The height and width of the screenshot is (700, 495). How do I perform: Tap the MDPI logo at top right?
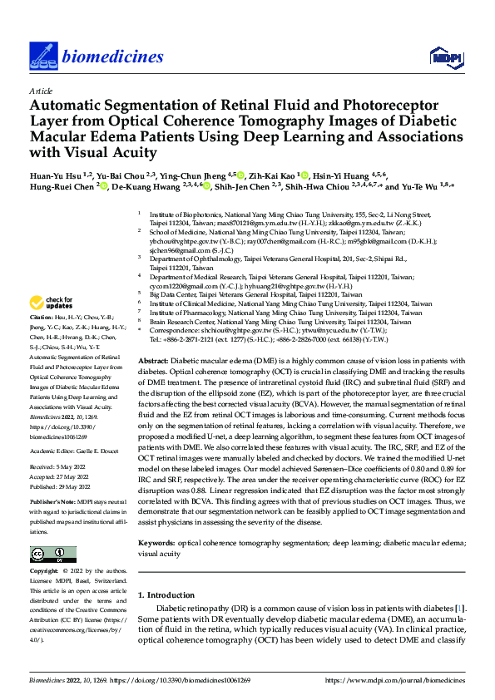pyautogui.click(x=444, y=56)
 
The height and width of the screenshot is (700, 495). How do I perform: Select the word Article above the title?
pyautogui.click(x=41, y=91)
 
